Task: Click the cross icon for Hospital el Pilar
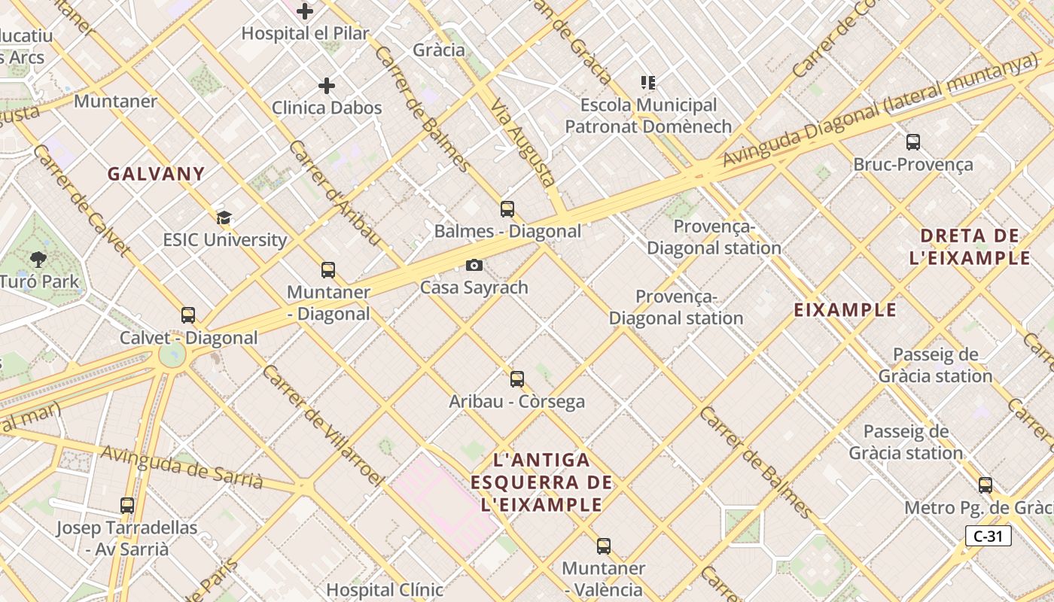point(305,11)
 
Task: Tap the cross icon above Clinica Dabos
point(327,86)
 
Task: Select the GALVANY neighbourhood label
point(156,174)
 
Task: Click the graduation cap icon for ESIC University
point(224,218)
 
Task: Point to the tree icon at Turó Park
point(38,260)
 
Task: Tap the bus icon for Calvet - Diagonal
point(188,315)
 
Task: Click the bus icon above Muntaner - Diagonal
point(328,269)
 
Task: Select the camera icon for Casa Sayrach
point(474,265)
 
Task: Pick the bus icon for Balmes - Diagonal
point(507,208)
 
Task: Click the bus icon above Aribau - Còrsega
point(517,379)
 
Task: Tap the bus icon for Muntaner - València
point(604,546)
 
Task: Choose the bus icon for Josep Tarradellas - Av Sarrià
point(127,505)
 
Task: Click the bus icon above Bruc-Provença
point(913,141)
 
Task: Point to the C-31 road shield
point(988,536)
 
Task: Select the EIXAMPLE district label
point(845,310)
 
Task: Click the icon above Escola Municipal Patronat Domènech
point(648,82)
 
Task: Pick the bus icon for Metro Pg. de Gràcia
point(985,485)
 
